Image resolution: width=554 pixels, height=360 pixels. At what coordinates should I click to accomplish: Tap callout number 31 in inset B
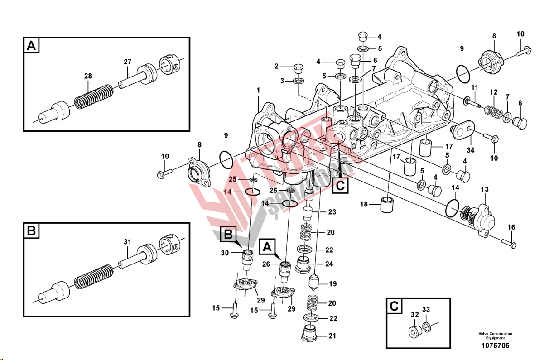pos(127,241)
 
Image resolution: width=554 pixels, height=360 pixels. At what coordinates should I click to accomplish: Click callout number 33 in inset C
pos(426,310)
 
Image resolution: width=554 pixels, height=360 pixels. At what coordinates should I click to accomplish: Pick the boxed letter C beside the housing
pos(341,185)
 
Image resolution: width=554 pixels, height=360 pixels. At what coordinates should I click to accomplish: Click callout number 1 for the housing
pos(258,91)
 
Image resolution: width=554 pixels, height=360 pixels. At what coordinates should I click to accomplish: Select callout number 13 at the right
pos(484,189)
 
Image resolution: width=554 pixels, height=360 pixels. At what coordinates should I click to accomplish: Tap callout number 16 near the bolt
pos(511,227)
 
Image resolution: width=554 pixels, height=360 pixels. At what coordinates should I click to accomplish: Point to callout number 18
pos(365,204)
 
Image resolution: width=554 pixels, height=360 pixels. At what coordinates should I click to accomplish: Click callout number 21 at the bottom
pos(333,336)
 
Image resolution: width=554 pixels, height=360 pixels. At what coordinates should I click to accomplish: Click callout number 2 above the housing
pos(276,67)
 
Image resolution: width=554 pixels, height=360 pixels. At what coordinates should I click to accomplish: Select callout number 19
pos(332,284)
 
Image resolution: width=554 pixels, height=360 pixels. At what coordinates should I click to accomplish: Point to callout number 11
pos(474,87)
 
